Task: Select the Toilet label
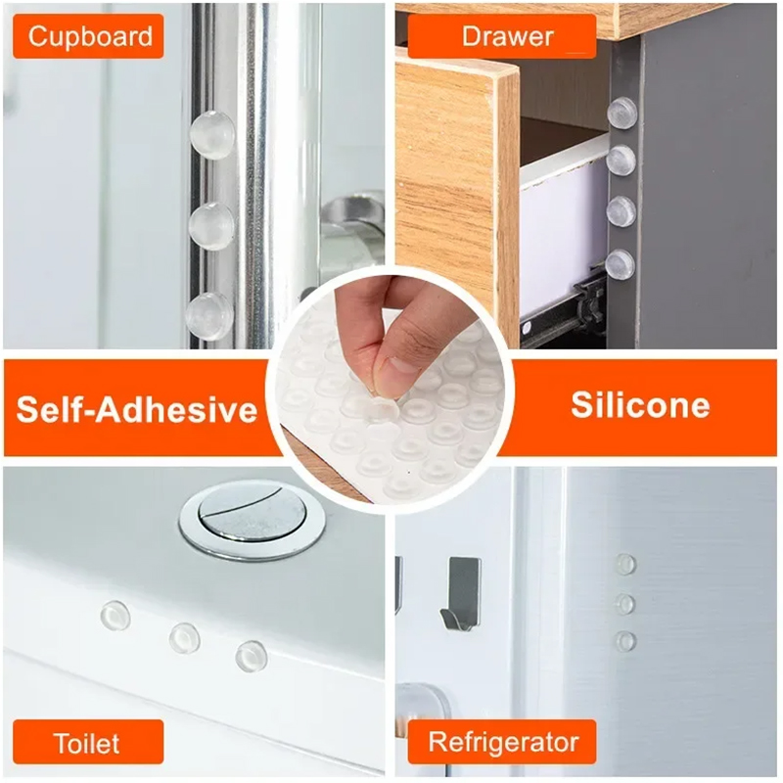point(88,742)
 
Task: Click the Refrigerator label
point(502,742)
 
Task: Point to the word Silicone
point(640,405)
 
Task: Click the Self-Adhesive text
point(137,409)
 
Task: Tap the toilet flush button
point(253,519)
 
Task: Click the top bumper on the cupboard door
point(212,135)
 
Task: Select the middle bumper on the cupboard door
point(211,226)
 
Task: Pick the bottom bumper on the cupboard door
point(209,317)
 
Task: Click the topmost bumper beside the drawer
point(622,113)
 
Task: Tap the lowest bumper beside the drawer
point(621,264)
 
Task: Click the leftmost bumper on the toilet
point(115,616)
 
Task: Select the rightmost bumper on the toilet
point(252,656)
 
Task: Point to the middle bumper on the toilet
point(184,638)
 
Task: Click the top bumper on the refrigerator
point(625,565)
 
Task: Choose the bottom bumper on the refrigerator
point(625,641)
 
